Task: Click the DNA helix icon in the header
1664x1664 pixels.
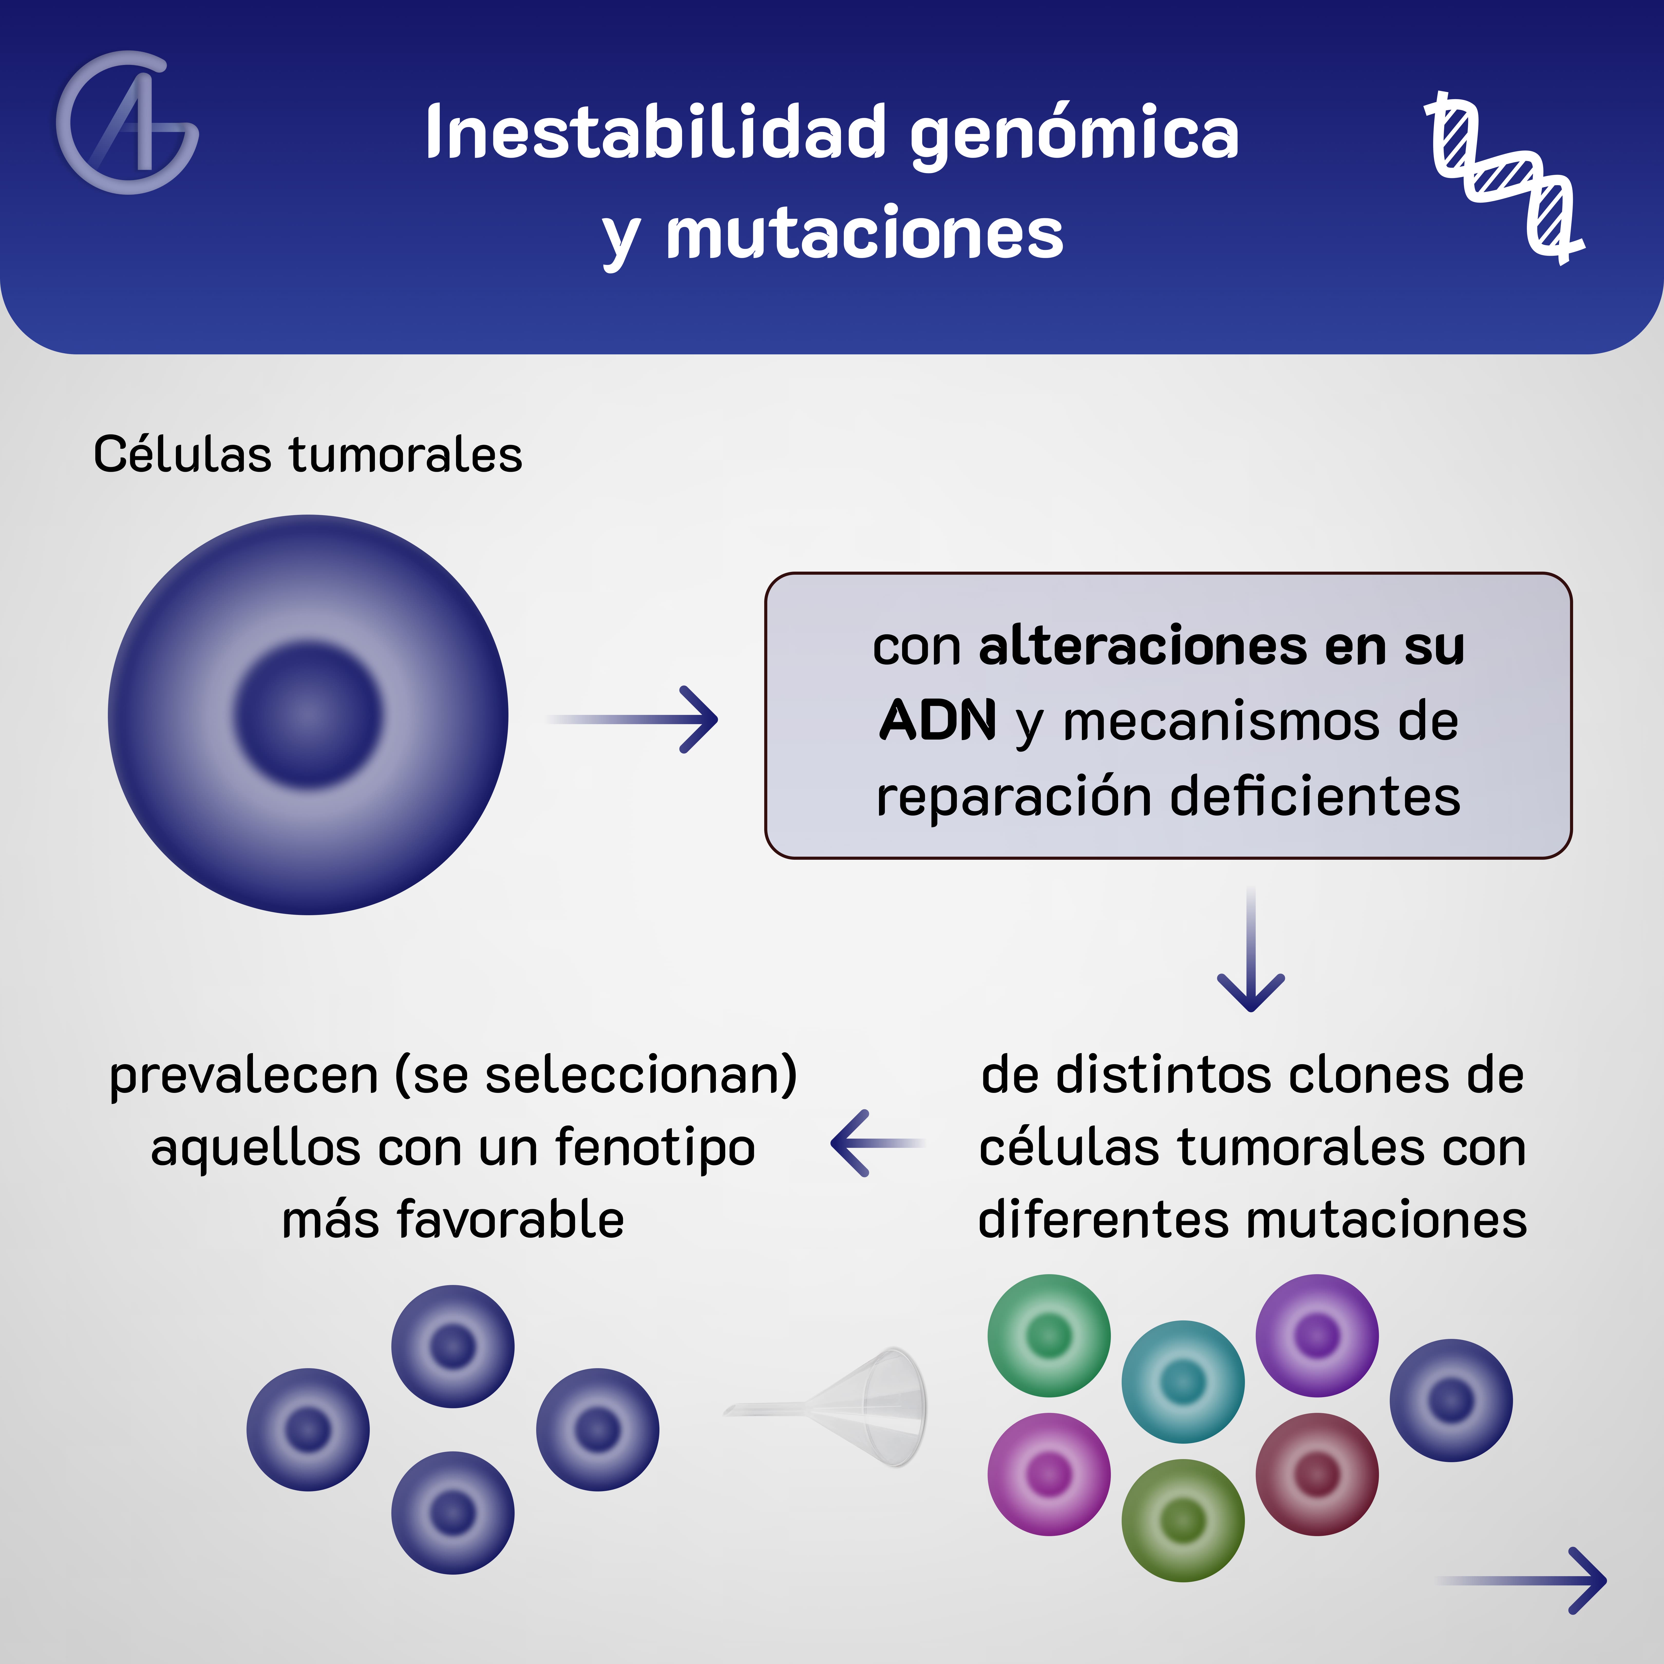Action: pyautogui.click(x=1503, y=177)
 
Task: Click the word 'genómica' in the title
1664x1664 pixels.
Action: pyautogui.click(x=1074, y=134)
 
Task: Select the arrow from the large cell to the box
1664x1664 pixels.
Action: pyautogui.click(x=633, y=719)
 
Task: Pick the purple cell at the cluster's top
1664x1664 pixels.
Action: pyautogui.click(x=1317, y=1336)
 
